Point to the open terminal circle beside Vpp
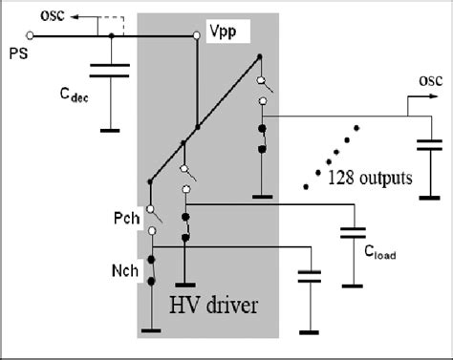197,35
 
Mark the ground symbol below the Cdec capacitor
113,129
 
